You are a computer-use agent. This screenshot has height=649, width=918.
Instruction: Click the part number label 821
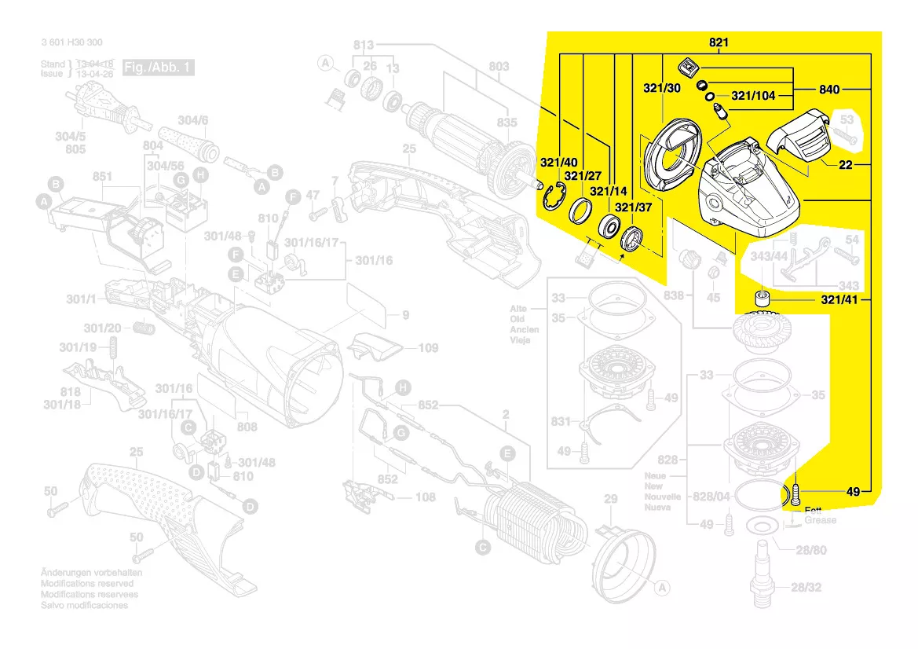click(719, 43)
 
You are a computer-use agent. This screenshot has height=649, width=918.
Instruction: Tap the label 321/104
click(753, 96)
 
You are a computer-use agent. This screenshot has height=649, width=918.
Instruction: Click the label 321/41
click(845, 300)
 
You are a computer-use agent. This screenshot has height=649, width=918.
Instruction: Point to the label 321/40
click(558, 163)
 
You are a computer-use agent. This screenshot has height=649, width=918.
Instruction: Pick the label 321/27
click(583, 176)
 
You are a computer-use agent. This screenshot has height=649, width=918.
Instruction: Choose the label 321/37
click(634, 208)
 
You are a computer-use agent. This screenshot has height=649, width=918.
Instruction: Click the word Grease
click(820, 520)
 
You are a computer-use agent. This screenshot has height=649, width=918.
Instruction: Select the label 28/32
click(808, 587)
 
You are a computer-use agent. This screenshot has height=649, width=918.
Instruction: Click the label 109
click(428, 347)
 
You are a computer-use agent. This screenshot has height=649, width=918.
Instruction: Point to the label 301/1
click(80, 299)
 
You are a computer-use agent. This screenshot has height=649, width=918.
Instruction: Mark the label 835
click(507, 123)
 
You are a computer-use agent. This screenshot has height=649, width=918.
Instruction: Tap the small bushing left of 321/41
click(760, 299)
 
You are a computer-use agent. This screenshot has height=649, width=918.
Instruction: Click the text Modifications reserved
click(90, 584)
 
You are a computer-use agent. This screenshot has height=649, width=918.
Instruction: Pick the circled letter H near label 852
click(403, 387)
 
